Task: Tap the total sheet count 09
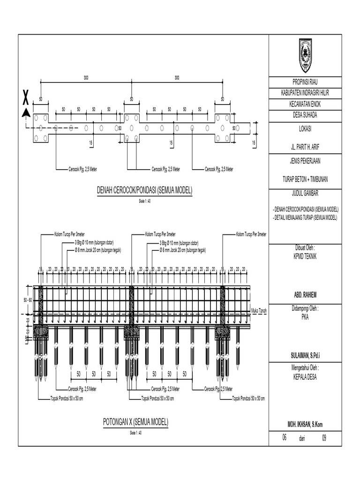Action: pyautogui.click(x=324, y=437)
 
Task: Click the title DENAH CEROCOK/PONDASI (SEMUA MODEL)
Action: pyautogui.click(x=145, y=191)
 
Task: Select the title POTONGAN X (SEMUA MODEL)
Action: pyautogui.click(x=135, y=422)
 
